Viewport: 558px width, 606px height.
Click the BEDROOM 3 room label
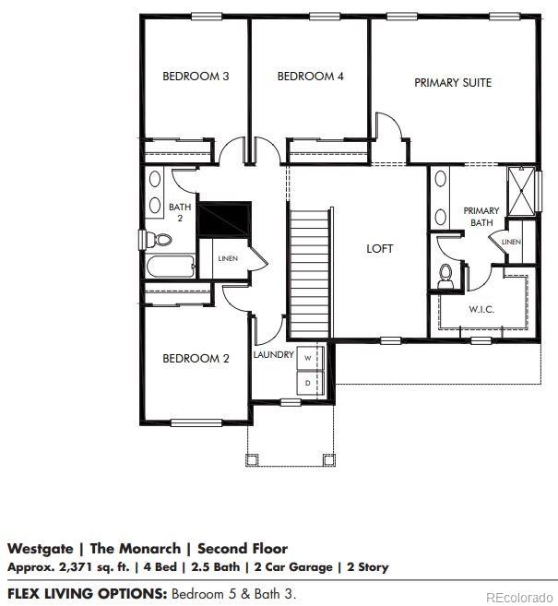(196, 77)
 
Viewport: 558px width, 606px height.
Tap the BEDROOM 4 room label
(310, 77)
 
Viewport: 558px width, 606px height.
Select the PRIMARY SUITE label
(452, 83)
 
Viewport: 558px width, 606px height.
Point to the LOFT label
(379, 249)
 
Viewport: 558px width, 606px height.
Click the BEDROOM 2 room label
(196, 359)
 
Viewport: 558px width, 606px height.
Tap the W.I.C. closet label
(481, 310)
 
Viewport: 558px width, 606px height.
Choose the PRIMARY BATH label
(481, 217)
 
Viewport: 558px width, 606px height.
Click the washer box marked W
(307, 358)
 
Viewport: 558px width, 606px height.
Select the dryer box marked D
(307, 380)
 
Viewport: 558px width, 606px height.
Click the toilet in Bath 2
(160, 240)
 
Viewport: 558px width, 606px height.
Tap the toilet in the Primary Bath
(446, 274)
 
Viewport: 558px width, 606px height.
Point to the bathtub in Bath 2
(170, 267)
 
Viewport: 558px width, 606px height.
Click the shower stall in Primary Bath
(521, 191)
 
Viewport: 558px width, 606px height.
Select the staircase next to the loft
(310, 273)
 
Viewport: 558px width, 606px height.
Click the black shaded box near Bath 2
(225, 220)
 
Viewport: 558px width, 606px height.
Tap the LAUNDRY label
(273, 355)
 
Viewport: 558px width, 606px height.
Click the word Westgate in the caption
(40, 549)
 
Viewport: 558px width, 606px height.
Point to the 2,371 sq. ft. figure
(78, 566)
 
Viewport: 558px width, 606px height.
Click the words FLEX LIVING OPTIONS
(87, 592)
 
